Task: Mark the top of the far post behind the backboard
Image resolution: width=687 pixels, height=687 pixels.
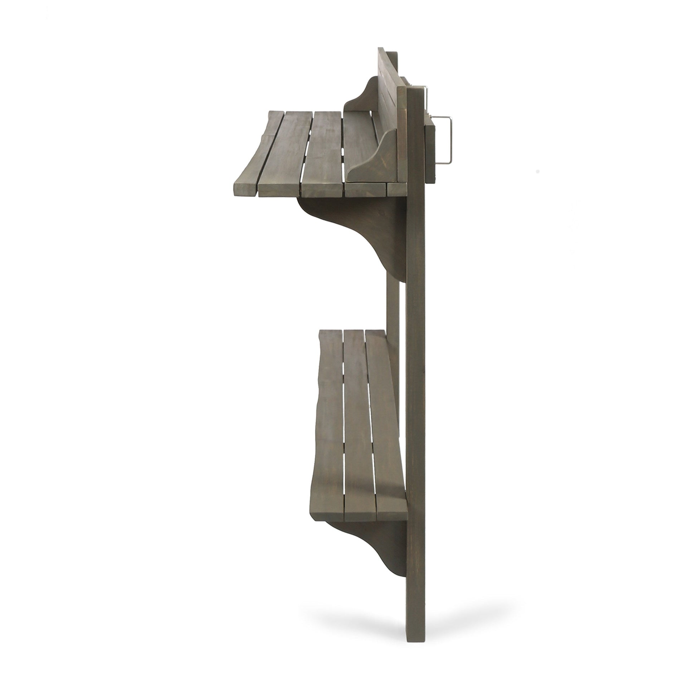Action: [394, 56]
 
